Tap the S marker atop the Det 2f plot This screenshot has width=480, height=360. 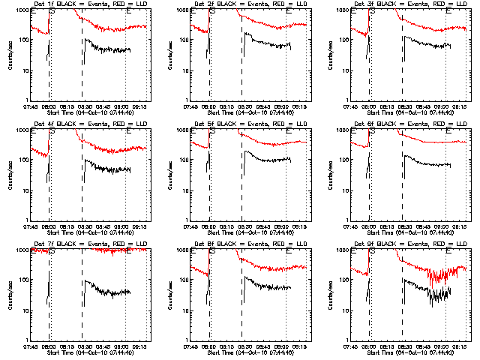[x=212, y=10]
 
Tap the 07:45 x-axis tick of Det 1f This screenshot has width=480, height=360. [x=31, y=106]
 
